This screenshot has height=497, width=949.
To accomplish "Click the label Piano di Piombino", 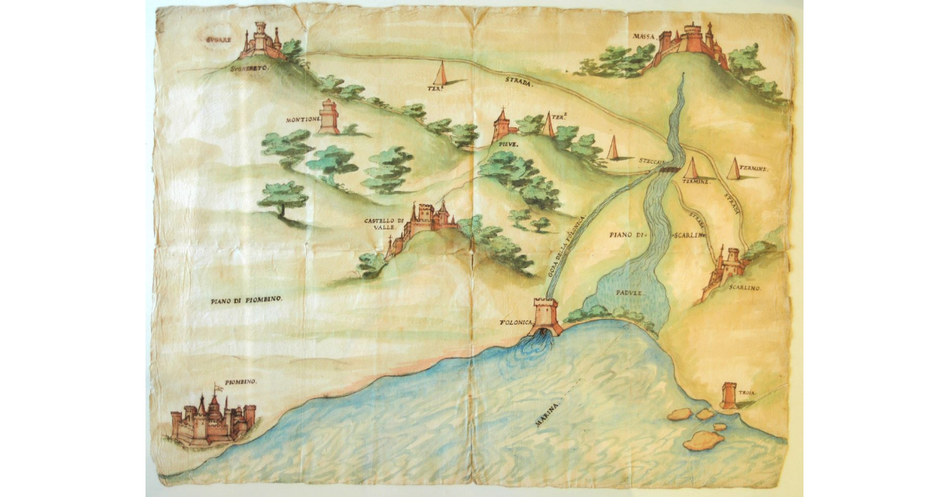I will click(x=247, y=300).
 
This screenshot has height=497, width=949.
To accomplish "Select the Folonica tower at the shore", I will click(x=546, y=316).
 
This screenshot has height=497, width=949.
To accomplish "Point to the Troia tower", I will click(x=729, y=395).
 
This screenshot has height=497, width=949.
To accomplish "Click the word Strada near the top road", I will click(x=520, y=82).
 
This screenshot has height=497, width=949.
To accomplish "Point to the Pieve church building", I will click(x=502, y=126).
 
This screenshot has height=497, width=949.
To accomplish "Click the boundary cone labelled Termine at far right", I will click(x=734, y=168).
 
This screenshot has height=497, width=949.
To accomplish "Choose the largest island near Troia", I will click(x=703, y=441).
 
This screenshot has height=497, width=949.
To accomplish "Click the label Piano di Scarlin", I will click(x=656, y=235).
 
